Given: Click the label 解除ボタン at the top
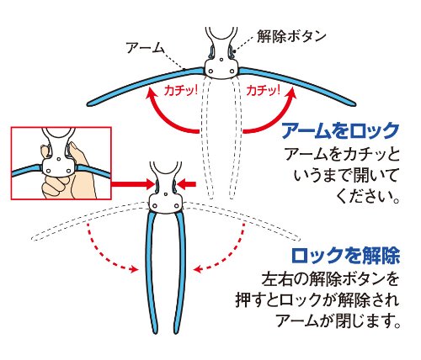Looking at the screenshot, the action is tap(291, 36).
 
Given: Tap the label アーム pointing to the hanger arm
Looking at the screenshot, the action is tap(145, 48).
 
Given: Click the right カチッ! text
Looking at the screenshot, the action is tap(263, 91).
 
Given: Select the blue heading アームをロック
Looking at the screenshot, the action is tap(340, 130).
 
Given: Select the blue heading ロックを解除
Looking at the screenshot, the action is tap(345, 256).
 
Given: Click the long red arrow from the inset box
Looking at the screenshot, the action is tap(133, 184).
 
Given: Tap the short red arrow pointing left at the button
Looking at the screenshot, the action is tap(187, 184).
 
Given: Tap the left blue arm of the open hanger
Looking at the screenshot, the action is tap(146, 84).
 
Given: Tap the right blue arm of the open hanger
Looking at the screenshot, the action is tap(297, 84).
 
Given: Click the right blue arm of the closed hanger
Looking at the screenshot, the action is tap(179, 272).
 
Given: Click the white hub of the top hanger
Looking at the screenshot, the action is tap(221, 69).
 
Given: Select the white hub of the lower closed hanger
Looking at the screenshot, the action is tap(165, 203).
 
